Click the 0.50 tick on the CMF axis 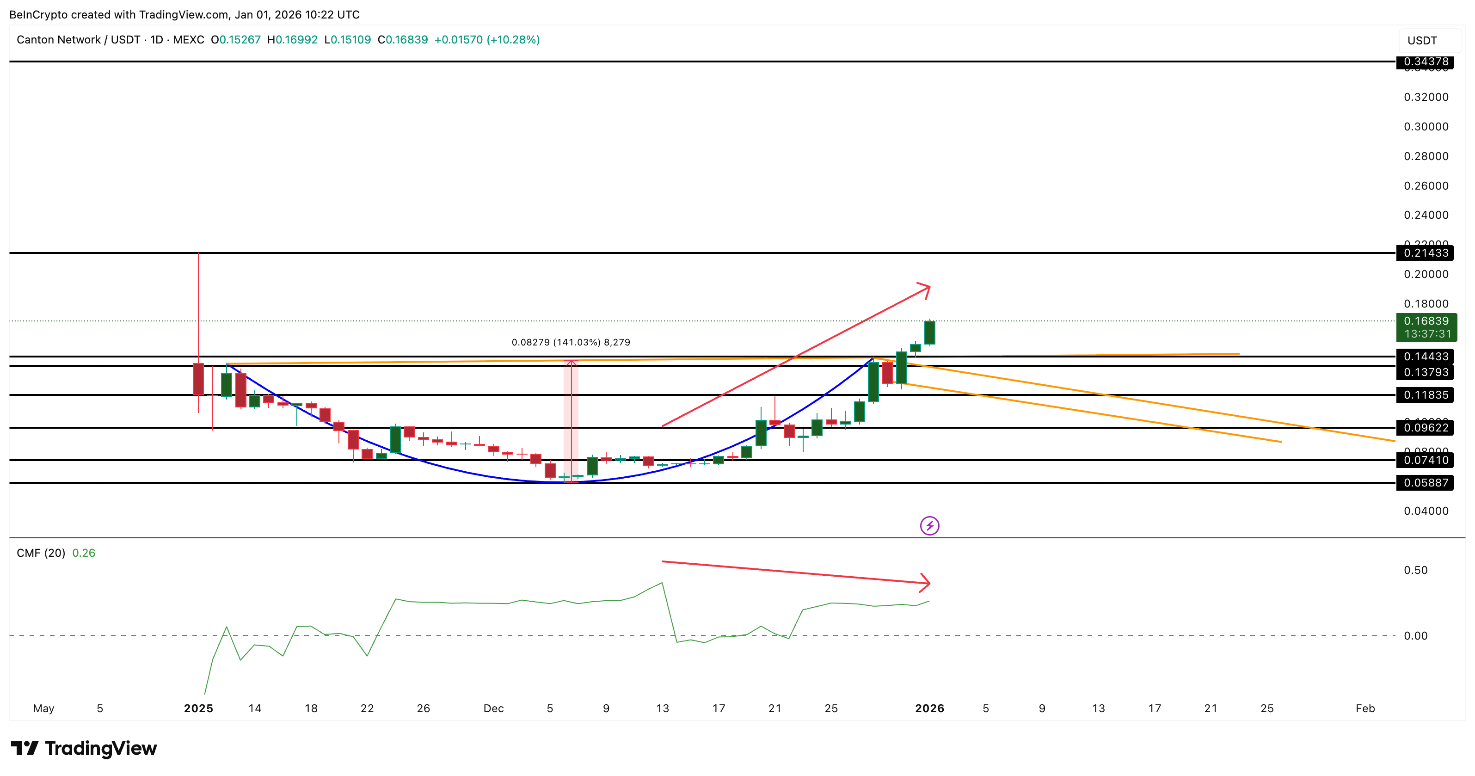coord(1415,570)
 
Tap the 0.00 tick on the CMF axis coord(1415,636)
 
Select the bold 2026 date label coord(929,708)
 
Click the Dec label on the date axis coord(493,708)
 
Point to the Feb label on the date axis coord(1364,708)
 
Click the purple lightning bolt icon coord(929,526)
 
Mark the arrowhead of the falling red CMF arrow coord(926,583)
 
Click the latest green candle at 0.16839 coord(929,333)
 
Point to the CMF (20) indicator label coord(41,553)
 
